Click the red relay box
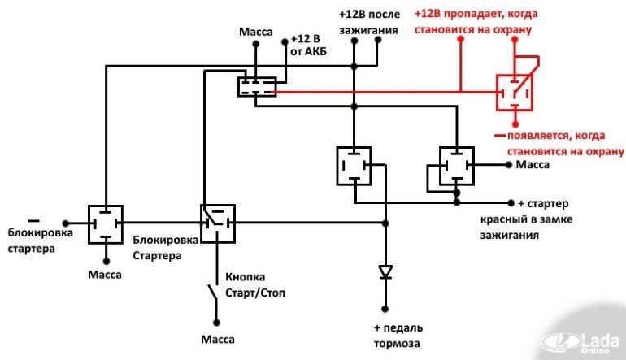515,93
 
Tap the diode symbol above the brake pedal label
385,272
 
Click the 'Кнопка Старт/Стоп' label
254,284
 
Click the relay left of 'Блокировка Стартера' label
105,223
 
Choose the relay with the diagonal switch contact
217,223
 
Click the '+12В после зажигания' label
368,23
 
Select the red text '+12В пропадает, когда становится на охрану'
476,22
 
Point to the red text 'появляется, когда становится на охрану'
561,144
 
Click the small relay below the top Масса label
257,85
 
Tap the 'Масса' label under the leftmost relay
105,275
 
